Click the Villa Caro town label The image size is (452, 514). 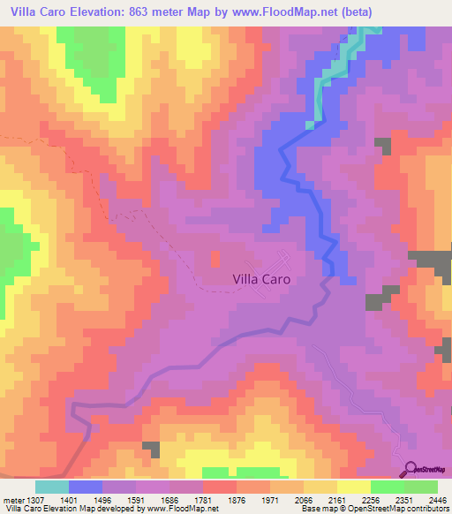point(261,278)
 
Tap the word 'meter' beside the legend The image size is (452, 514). point(14,498)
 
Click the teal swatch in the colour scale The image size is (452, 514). point(52,487)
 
